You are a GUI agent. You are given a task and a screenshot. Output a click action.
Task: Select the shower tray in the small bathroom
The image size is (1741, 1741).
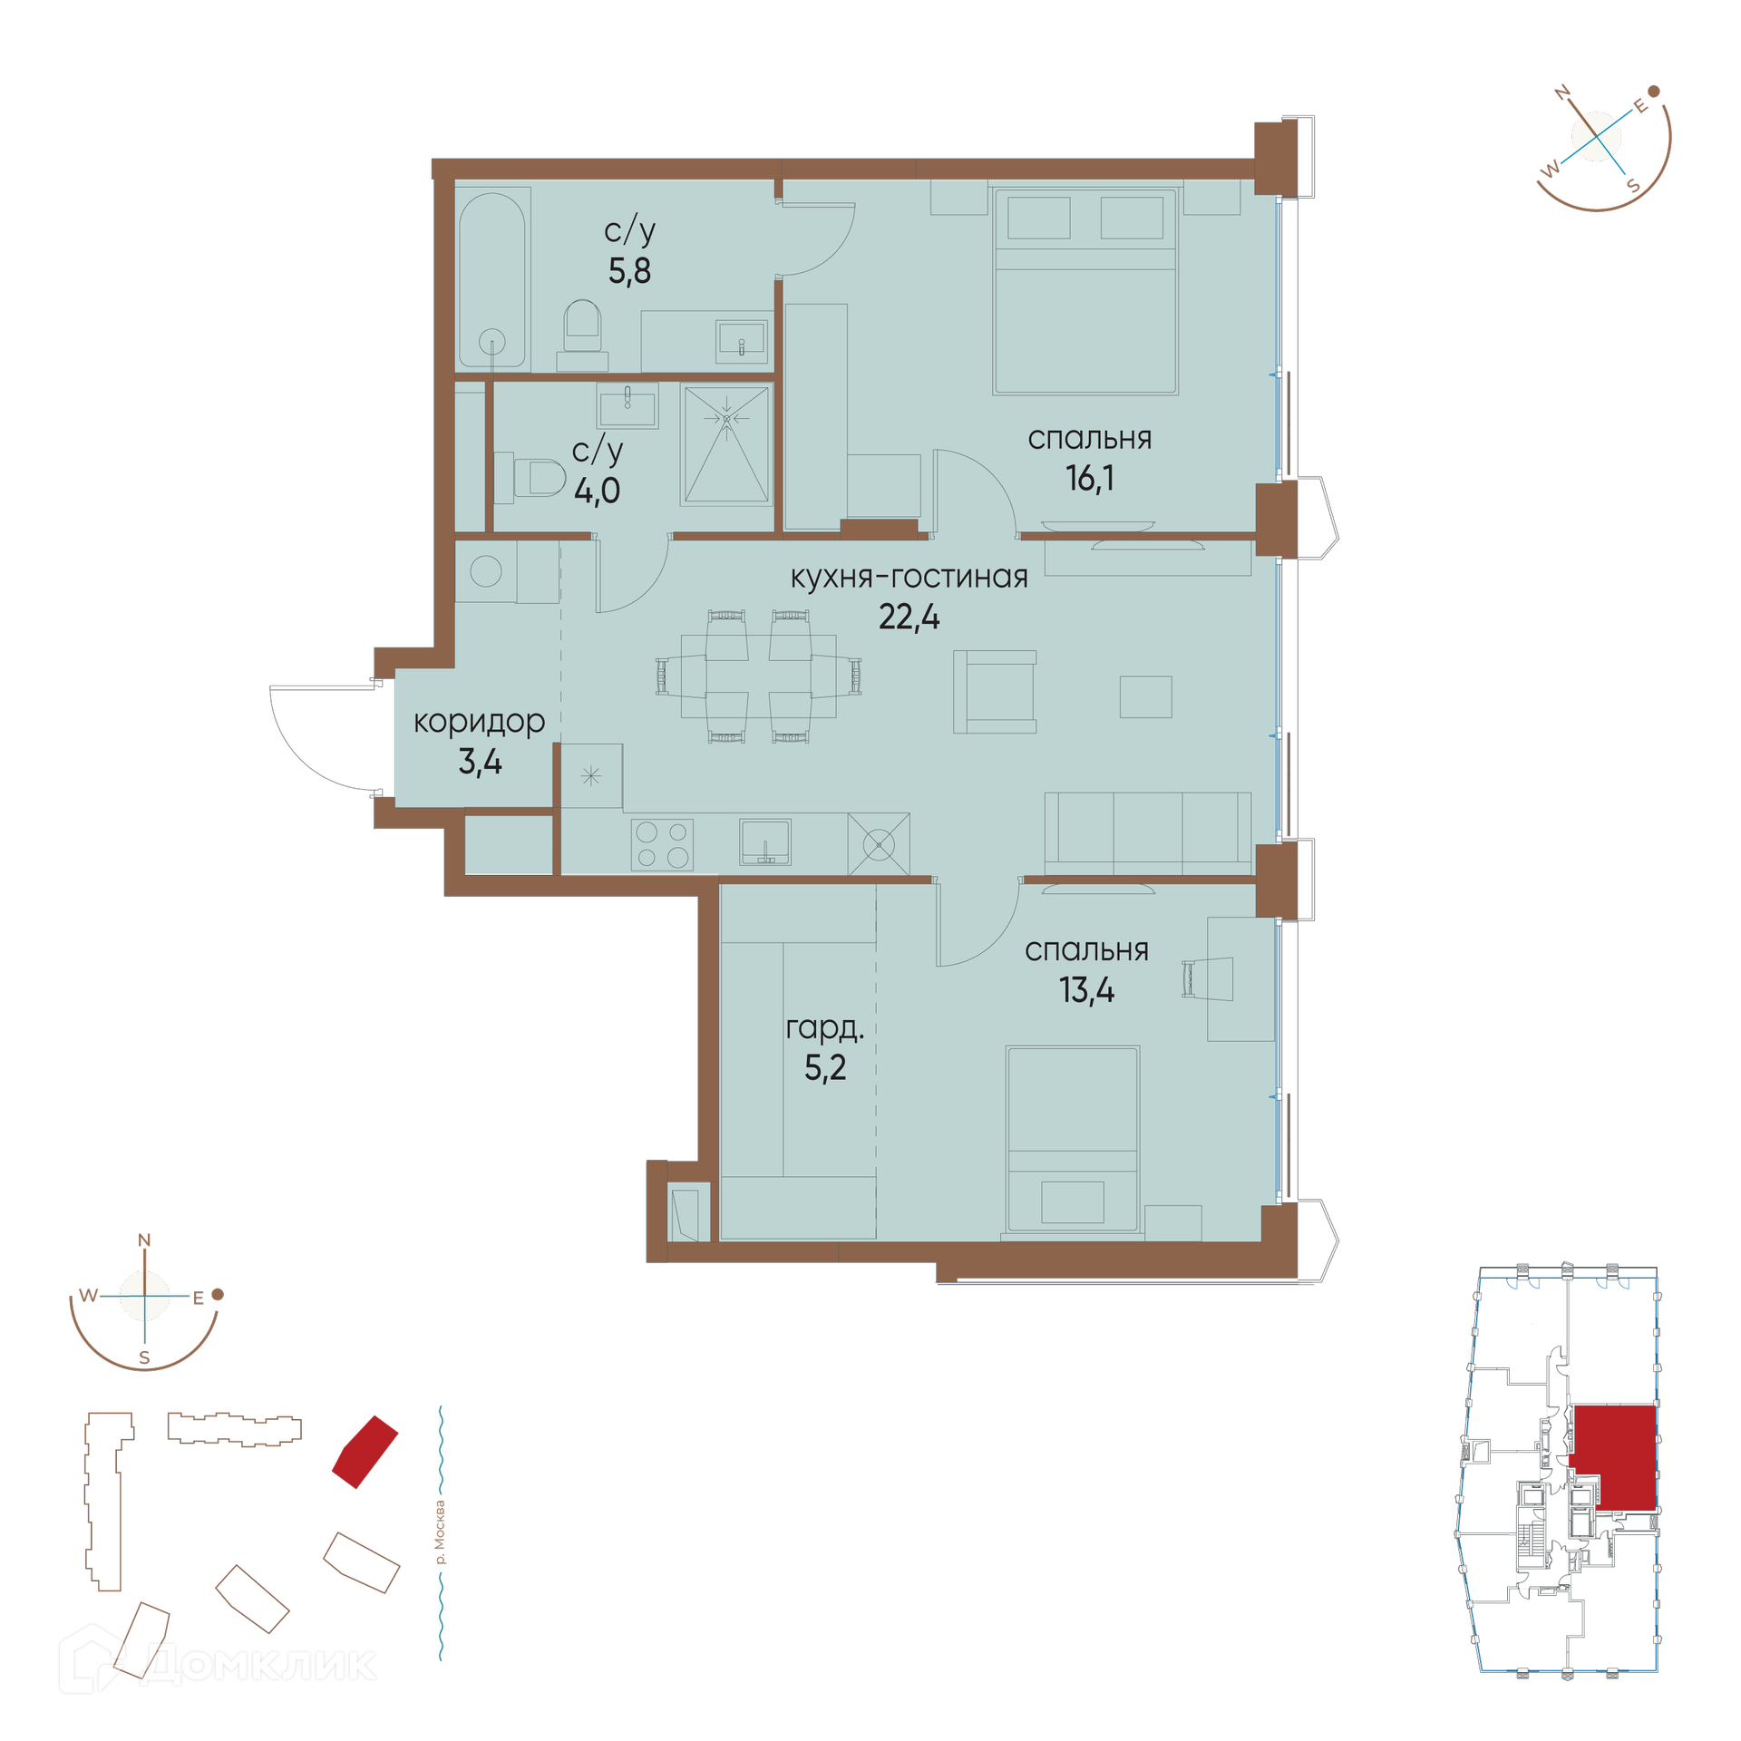pos(726,444)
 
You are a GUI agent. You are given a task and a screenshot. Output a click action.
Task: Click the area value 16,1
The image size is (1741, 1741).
pos(1089,478)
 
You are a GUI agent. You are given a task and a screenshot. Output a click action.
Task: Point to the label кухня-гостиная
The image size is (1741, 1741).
pos(909,577)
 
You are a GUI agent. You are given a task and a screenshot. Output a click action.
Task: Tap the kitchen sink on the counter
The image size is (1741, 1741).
pos(765,841)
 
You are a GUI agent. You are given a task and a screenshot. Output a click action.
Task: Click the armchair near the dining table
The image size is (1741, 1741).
pos(995,692)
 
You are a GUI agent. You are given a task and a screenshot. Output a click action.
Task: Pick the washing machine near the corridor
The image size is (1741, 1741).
pos(486,571)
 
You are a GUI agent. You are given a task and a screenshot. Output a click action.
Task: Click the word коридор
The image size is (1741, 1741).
pos(479,722)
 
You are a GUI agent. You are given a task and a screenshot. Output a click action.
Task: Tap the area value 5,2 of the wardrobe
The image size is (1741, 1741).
pos(825,1068)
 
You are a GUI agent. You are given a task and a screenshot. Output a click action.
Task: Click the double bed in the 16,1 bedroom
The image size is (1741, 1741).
pos(1085,291)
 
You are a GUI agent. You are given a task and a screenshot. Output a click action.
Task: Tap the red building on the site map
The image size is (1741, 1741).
pos(365,1452)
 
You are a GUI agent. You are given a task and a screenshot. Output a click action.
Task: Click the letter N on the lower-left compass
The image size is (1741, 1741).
pos(144,1240)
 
